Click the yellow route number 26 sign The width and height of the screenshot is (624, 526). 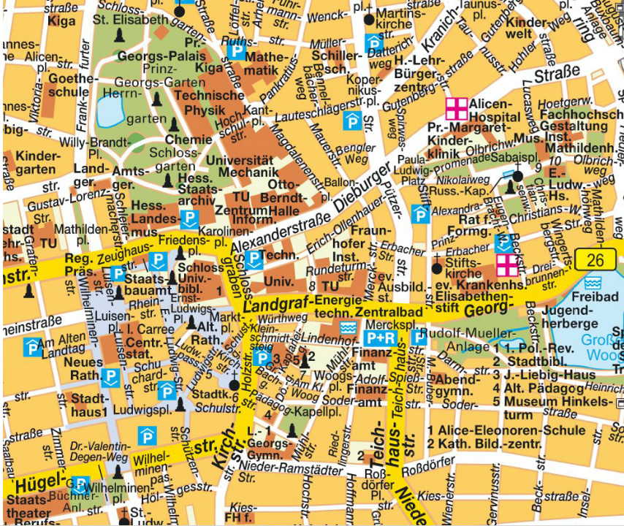click(x=595, y=259)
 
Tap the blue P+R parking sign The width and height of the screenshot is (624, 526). click(x=380, y=338)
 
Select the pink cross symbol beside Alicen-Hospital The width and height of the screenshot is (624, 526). click(x=457, y=109)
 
